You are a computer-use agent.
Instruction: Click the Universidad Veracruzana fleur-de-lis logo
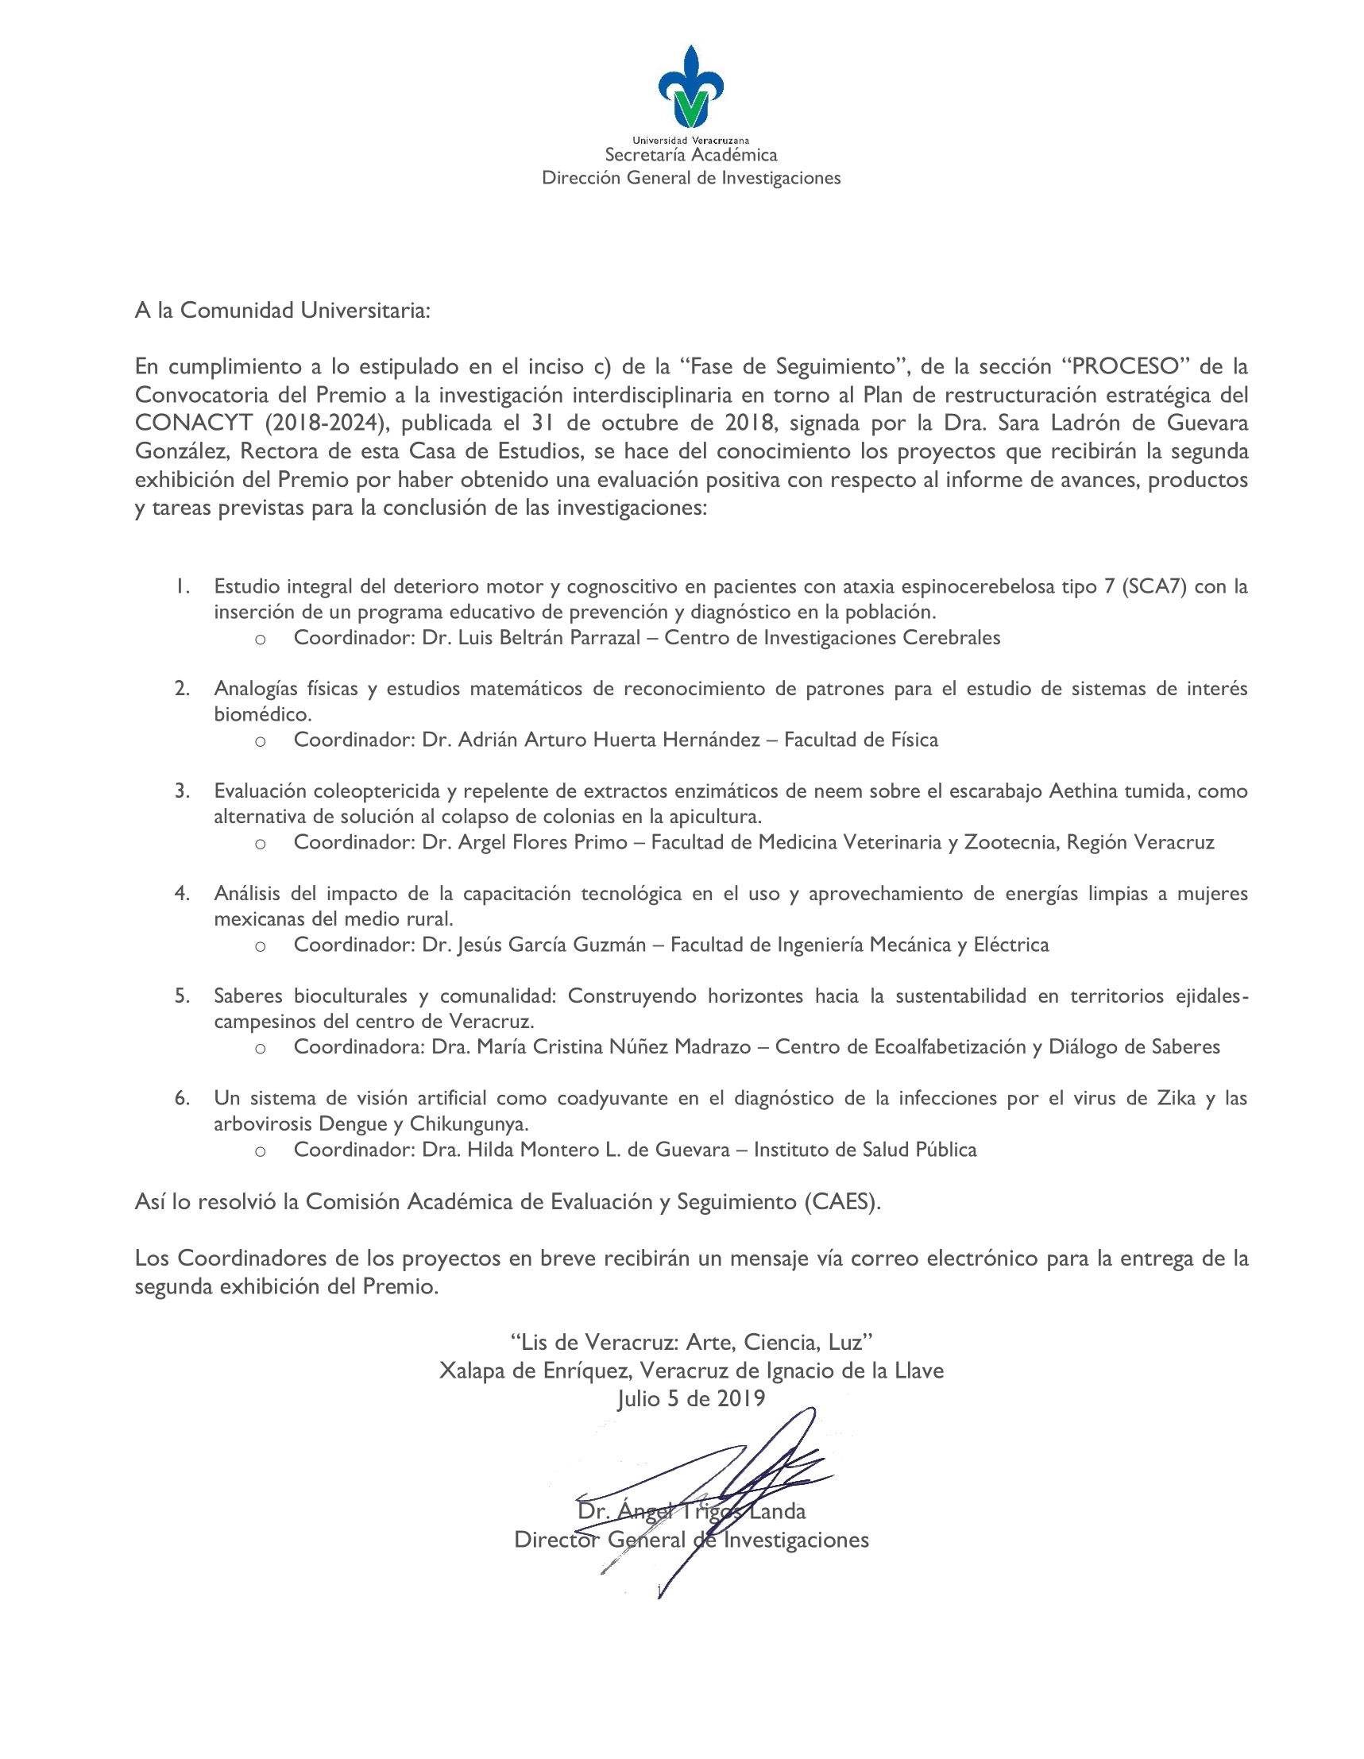coord(690,87)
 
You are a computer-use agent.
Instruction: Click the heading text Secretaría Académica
coord(691,155)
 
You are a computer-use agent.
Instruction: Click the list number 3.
coord(182,791)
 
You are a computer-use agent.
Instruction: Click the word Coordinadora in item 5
coord(355,1047)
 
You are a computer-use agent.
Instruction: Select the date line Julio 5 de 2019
coord(691,1398)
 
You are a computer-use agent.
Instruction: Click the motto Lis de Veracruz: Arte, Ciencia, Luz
coord(691,1342)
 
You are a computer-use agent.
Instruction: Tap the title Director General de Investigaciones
coord(691,1540)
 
